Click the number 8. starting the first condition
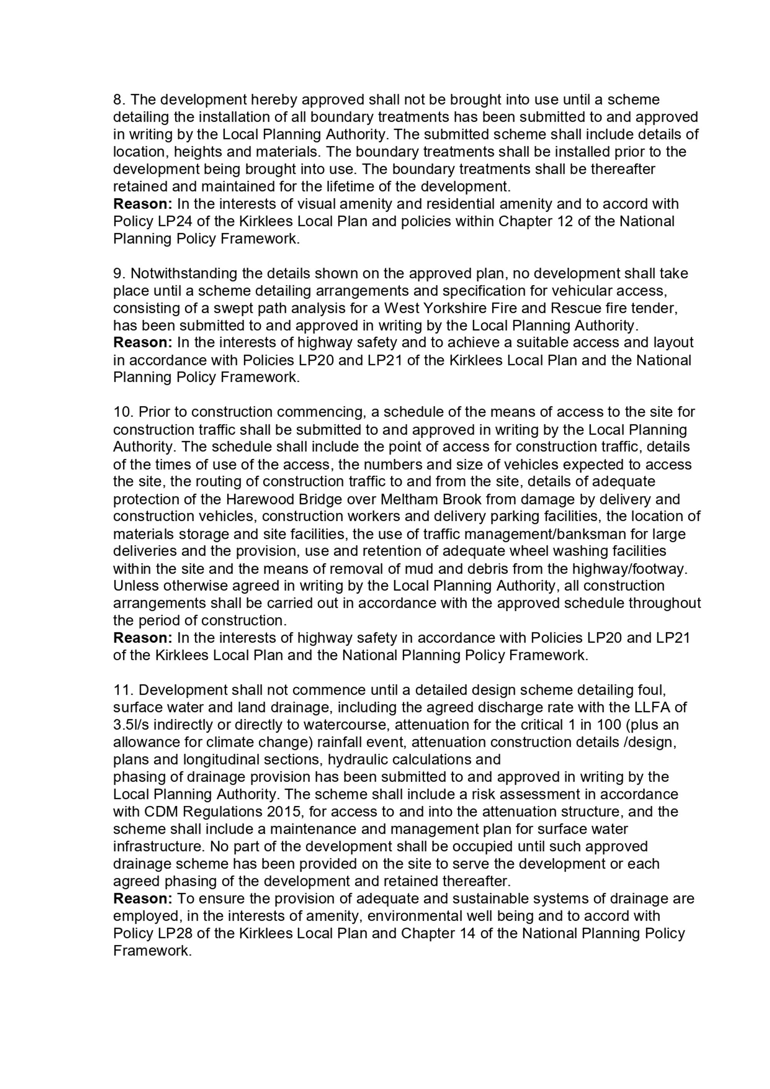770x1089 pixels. click(x=119, y=100)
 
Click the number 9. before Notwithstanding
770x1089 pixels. click(x=119, y=274)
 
